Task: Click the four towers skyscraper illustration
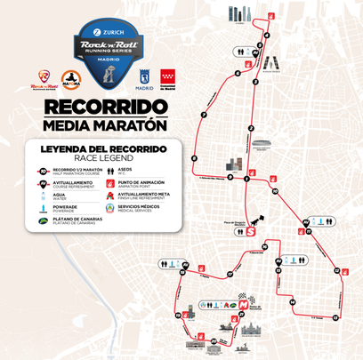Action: point(239,15)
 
